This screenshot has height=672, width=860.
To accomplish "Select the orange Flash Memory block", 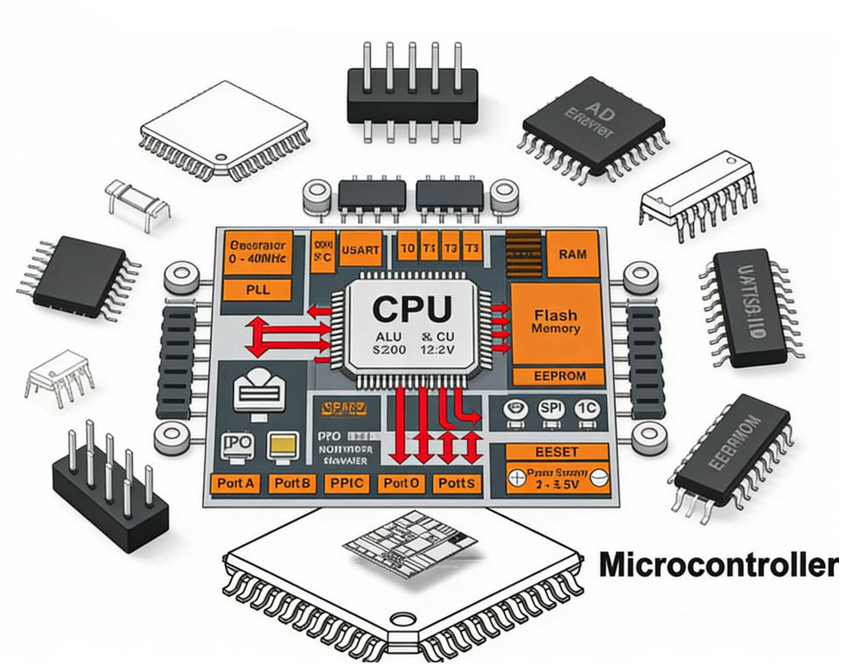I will (556, 322).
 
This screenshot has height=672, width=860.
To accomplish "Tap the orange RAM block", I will (570, 254).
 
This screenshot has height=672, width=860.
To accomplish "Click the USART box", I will (359, 249).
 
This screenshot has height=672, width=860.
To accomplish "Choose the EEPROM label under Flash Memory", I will (556, 377).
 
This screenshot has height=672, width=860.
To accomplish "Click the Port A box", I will (236, 483).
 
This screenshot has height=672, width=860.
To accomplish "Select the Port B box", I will (291, 483).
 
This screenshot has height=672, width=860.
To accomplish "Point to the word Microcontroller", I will (717, 564).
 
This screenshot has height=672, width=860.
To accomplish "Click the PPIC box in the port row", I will (346, 483).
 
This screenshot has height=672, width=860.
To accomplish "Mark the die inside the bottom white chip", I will (411, 548).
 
